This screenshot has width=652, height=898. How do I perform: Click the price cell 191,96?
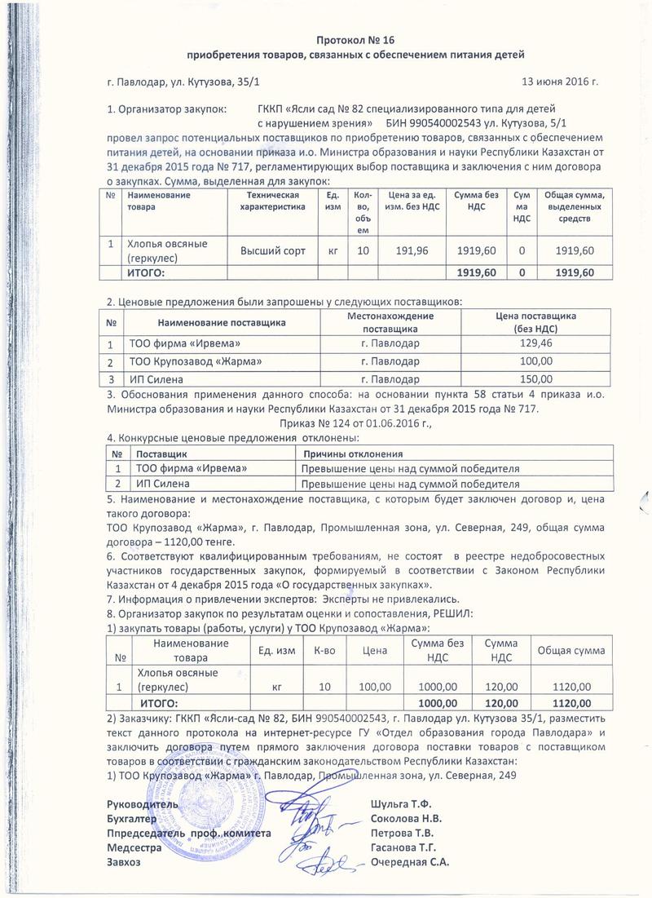[x=411, y=249]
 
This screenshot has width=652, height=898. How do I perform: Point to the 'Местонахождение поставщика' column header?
[x=390, y=321]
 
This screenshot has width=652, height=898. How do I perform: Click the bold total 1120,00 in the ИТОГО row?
[x=570, y=702]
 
